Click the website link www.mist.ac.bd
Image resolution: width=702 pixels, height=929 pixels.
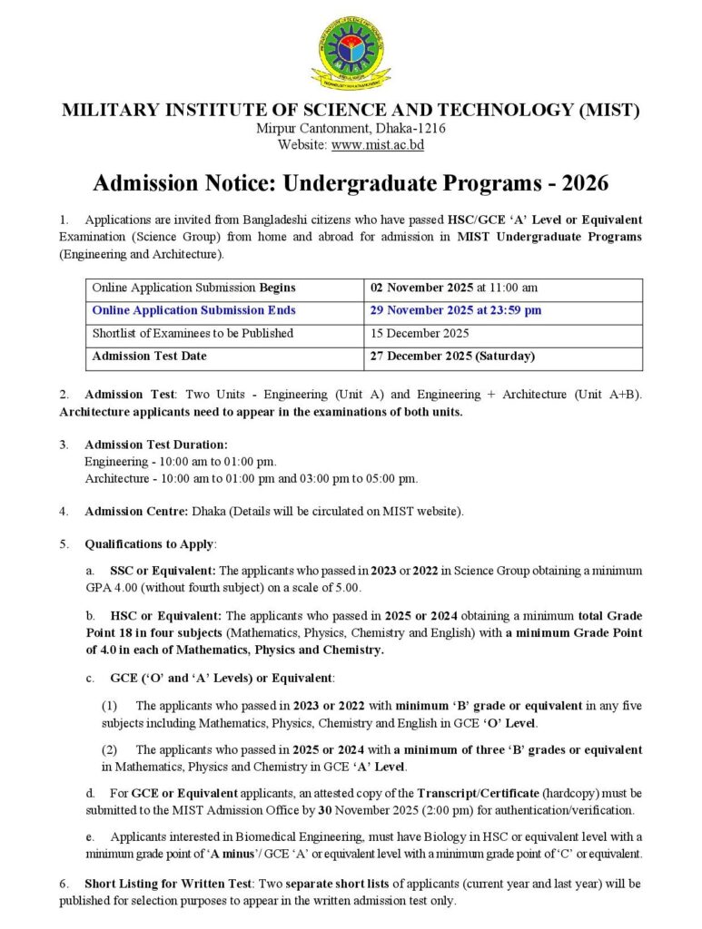(x=378, y=144)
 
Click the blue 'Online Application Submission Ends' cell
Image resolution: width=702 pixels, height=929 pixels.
(x=193, y=310)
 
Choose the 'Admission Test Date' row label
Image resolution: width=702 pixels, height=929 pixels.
(x=149, y=356)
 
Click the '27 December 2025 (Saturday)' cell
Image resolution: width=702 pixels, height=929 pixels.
(x=452, y=356)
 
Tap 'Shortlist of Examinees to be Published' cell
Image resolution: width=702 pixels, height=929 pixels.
(x=193, y=333)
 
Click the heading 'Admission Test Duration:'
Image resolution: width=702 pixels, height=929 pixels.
(x=155, y=445)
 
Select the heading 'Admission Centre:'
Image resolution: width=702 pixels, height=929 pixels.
(x=136, y=511)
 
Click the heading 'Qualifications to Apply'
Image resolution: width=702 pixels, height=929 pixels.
(x=149, y=543)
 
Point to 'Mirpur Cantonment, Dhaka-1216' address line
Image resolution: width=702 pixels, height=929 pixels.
(x=351, y=128)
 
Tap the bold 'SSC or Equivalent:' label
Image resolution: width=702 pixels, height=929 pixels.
(x=163, y=571)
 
